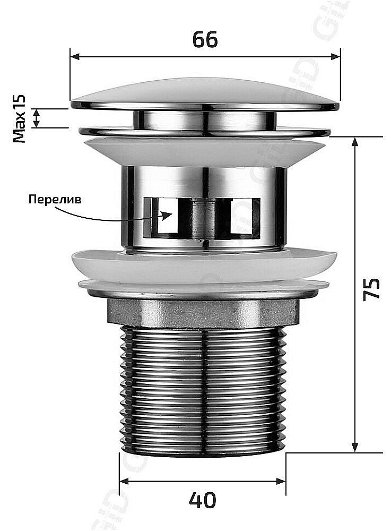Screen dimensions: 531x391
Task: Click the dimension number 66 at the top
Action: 205,40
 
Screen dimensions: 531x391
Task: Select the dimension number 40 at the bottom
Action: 203,500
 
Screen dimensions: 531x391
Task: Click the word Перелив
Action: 55,200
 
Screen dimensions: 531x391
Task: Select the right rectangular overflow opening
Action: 245,217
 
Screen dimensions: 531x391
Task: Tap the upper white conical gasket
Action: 205,151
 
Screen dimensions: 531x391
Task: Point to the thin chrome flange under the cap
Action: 205,131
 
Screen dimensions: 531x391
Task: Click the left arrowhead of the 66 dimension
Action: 74,56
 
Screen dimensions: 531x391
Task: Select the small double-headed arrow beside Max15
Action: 36,118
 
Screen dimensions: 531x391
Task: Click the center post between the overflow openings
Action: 204,218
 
